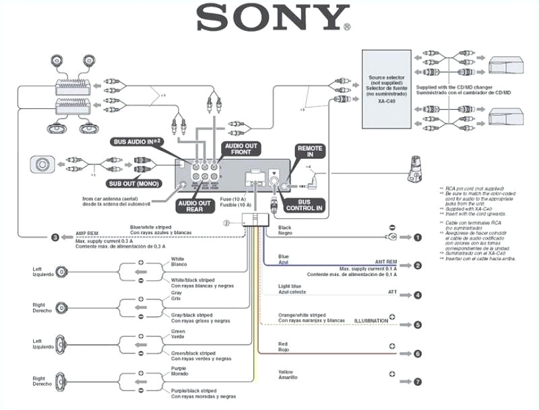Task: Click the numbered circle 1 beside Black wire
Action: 418,238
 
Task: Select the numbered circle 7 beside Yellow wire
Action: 418,382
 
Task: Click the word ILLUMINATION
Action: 371,320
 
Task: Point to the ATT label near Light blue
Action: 392,292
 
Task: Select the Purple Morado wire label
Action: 179,372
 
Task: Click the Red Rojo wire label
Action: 284,346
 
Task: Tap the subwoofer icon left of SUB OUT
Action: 44,163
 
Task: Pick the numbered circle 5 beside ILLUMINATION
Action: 418,324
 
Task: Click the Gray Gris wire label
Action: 177,297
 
